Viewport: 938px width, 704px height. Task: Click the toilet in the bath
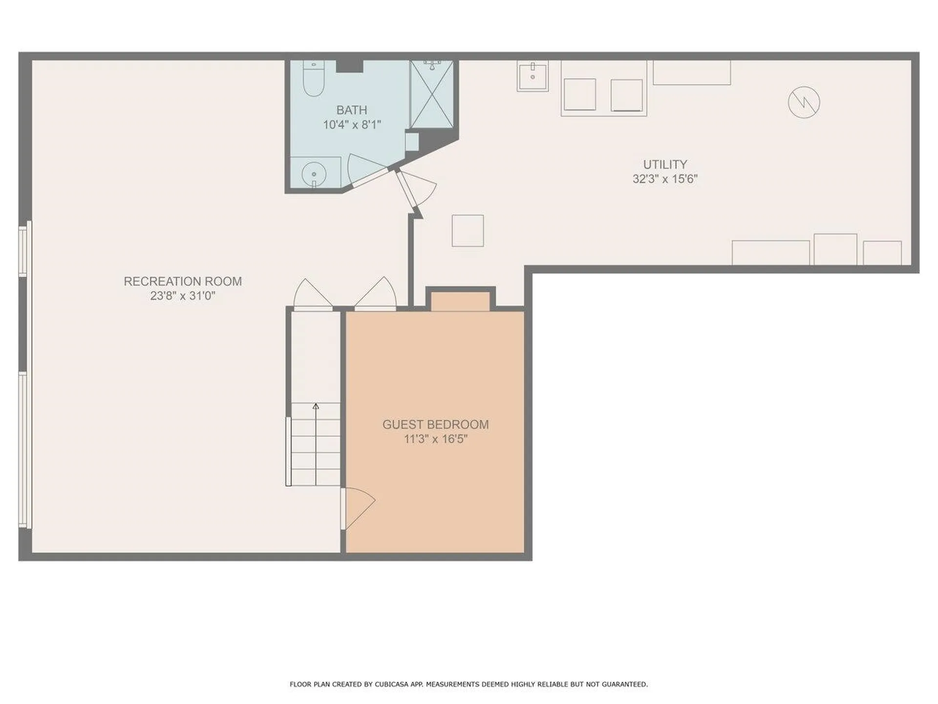[x=313, y=80]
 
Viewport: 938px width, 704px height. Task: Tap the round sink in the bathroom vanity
[x=314, y=173]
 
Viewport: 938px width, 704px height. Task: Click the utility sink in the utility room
[x=533, y=76]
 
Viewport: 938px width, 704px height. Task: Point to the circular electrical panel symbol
[x=804, y=102]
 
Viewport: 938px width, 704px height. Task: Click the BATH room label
[x=352, y=110]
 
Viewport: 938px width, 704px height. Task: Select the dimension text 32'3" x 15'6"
[x=664, y=179]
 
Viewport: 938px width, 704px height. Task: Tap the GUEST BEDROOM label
[x=435, y=424]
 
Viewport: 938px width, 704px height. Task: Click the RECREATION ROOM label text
[x=183, y=282]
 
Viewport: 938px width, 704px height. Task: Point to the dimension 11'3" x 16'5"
[x=435, y=439]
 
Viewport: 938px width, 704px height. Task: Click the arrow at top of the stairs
[x=316, y=406]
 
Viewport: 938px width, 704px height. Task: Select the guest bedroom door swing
[x=359, y=506]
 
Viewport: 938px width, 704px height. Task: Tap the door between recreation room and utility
[x=415, y=188]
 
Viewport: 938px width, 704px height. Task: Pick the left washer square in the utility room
[x=579, y=95]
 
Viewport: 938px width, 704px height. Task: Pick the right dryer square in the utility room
[x=626, y=95]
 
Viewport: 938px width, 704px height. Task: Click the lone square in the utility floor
[x=468, y=230]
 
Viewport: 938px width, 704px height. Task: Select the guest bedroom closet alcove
[x=460, y=301]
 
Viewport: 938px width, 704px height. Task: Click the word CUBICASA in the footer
[x=390, y=684]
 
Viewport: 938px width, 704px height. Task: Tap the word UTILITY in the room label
[x=664, y=164]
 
